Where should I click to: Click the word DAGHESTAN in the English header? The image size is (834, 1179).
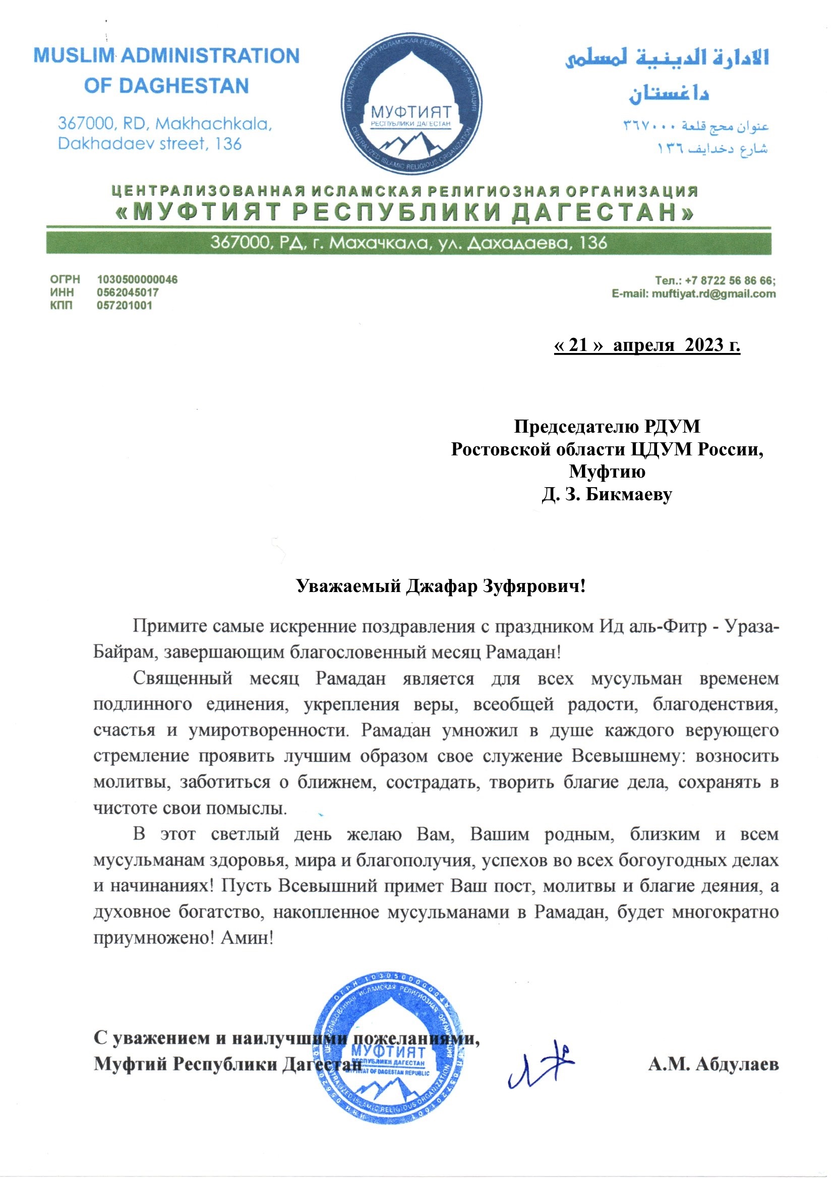pyautogui.click(x=184, y=86)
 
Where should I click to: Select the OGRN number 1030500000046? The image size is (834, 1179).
pyautogui.click(x=137, y=279)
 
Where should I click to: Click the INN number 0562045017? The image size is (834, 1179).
pyautogui.click(x=128, y=292)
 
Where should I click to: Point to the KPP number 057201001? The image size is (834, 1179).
pyautogui.click(x=124, y=306)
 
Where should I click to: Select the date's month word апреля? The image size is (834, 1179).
pyautogui.click(x=643, y=344)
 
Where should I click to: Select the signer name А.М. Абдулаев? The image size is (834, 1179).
pyautogui.click(x=713, y=1065)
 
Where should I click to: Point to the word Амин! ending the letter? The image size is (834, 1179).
pyautogui.click(x=247, y=938)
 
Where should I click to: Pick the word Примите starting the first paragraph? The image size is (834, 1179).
pyautogui.click(x=169, y=626)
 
